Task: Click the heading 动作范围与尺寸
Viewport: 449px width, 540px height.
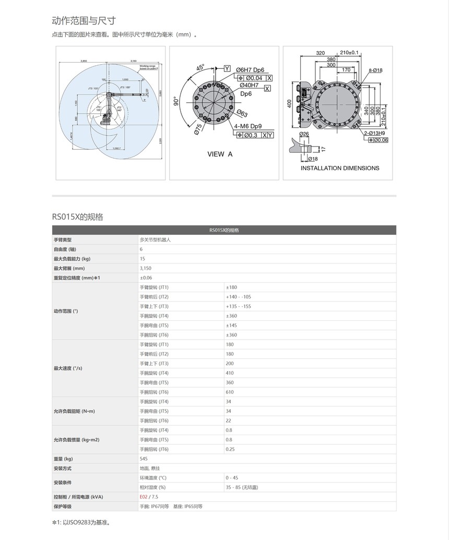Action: pos(84,21)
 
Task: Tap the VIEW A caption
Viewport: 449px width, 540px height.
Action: pos(220,154)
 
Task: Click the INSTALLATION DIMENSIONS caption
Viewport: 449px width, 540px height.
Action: pos(340,168)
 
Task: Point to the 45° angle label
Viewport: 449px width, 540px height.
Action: pos(200,68)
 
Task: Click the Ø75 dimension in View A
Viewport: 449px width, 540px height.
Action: pos(198,129)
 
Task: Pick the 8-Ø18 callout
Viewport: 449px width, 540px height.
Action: pos(375,70)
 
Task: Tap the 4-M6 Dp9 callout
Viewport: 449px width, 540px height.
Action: pos(248,126)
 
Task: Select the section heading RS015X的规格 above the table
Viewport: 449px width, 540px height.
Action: pos(77,217)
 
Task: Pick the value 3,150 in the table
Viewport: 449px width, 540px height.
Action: pos(146,268)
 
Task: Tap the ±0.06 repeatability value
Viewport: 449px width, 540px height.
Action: pos(146,278)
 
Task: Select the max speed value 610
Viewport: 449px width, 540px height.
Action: pos(230,392)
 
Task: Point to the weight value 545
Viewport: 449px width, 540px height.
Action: pos(144,459)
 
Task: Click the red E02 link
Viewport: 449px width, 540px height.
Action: pos(144,497)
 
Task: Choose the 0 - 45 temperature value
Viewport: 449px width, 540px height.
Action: pos(232,477)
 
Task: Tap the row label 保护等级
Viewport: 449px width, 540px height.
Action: pos(63,506)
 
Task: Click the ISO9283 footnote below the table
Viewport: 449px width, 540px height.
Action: pos(81,522)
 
